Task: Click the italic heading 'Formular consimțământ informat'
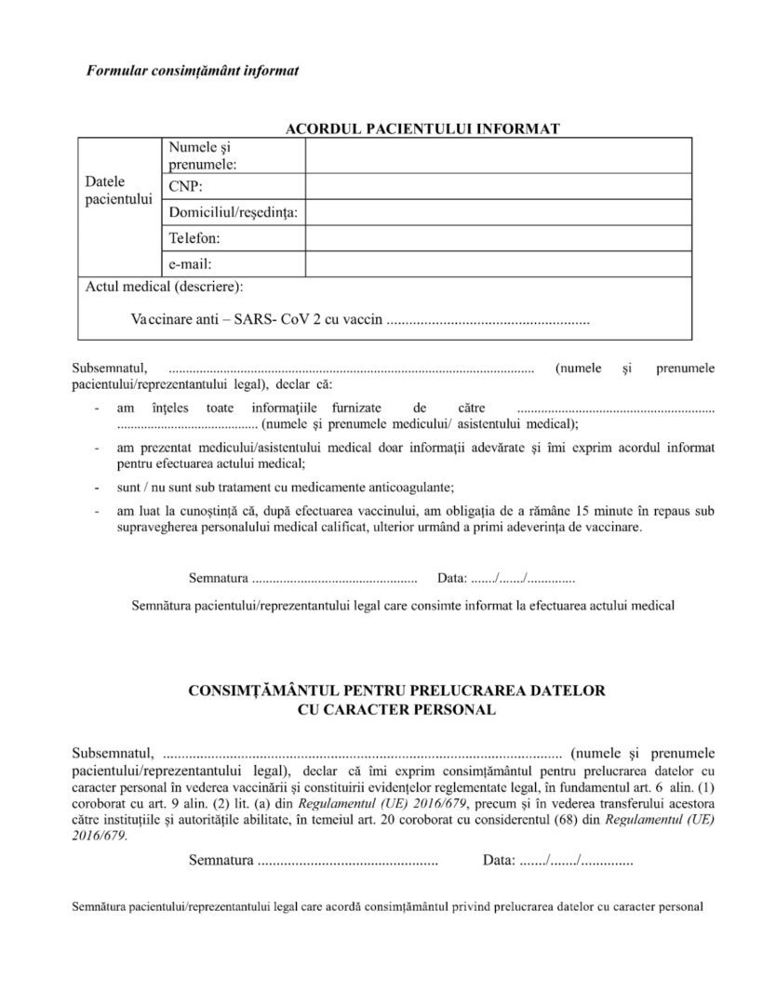(192, 71)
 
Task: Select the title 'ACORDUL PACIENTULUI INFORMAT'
(421, 128)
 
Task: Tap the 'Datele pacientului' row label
(117, 191)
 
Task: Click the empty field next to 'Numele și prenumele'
(498, 155)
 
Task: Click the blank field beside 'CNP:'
(498, 187)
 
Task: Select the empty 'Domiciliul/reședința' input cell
(498, 213)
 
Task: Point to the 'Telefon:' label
(194, 238)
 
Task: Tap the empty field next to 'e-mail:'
(498, 264)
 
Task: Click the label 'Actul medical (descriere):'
(165, 287)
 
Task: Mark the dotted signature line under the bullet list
(334, 579)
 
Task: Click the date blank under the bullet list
(522, 579)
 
